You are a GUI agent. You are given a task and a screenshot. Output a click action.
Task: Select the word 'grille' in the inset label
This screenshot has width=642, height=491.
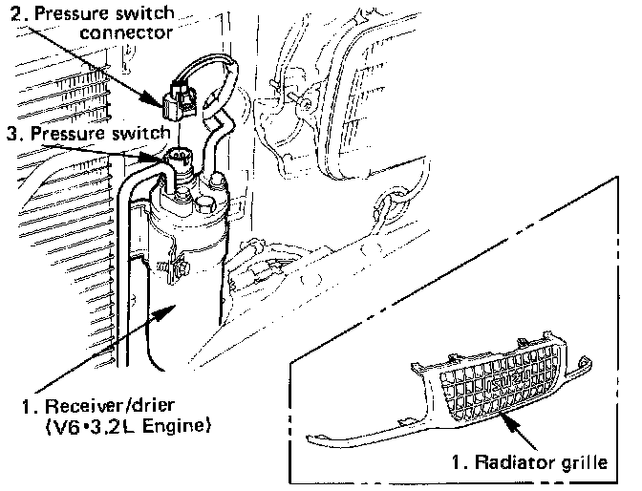584,465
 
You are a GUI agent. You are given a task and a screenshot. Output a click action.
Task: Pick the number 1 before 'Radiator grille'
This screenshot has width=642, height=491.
459,465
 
